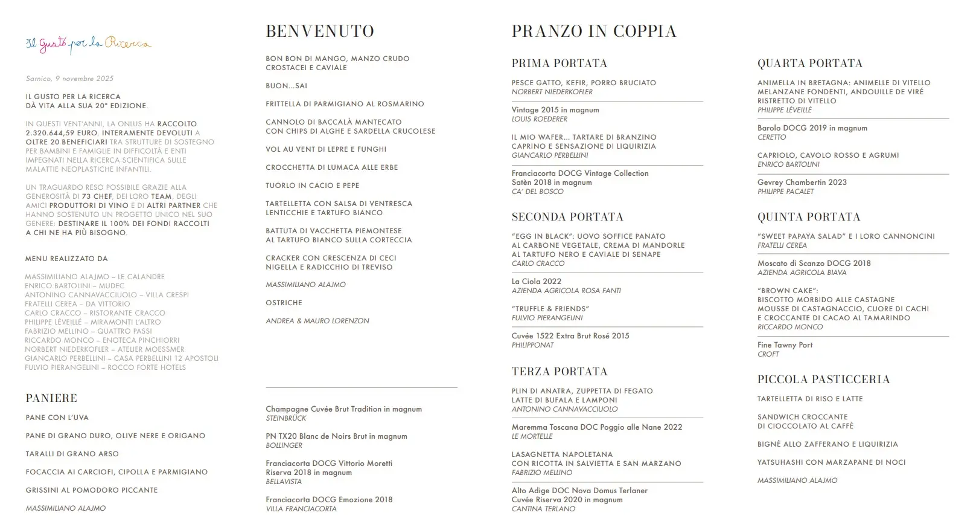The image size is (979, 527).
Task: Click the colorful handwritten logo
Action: (x=88, y=44)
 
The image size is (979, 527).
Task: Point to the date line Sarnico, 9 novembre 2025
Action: (x=69, y=79)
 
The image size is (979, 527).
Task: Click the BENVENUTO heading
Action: (x=320, y=31)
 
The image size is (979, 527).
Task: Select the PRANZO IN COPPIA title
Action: (x=594, y=31)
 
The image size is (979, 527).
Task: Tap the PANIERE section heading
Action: (x=51, y=398)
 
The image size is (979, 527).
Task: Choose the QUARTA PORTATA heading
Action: (x=810, y=63)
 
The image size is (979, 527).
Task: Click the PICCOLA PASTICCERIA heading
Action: (x=823, y=380)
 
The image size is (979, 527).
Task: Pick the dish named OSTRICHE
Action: (x=284, y=303)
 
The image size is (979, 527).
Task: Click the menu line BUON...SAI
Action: (x=286, y=86)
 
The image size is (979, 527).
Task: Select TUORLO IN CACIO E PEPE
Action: (x=312, y=186)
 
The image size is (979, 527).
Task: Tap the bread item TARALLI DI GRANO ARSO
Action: (x=72, y=454)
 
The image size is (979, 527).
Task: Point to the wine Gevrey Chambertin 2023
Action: (x=802, y=183)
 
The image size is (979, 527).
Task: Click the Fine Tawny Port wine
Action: (x=785, y=345)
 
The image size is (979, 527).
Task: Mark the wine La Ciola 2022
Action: (x=536, y=282)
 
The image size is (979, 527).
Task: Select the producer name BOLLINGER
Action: (x=284, y=445)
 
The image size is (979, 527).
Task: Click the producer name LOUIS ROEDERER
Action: (x=539, y=119)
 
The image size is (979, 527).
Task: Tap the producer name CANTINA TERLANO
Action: (x=543, y=509)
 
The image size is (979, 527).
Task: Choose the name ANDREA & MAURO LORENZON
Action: (x=317, y=321)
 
